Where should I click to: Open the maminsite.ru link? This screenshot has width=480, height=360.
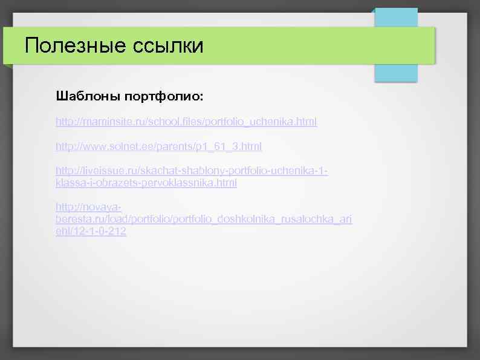[x=186, y=122]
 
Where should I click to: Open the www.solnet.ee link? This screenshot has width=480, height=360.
[x=158, y=146]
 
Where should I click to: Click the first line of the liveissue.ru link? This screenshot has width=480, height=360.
[x=192, y=171]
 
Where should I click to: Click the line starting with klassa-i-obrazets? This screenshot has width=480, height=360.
[x=146, y=182]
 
